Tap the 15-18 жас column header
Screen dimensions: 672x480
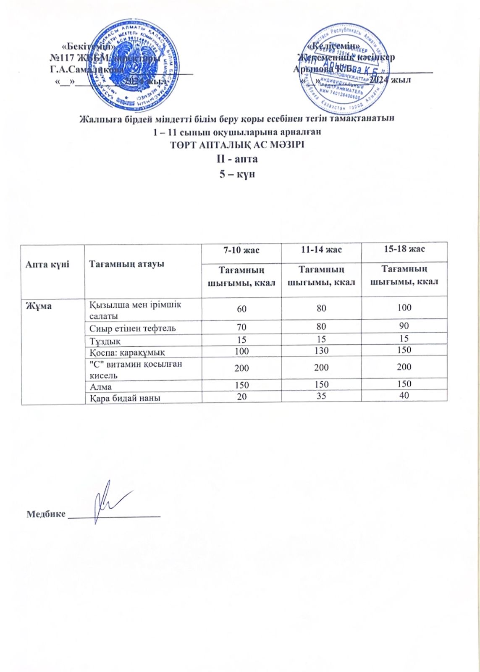point(404,249)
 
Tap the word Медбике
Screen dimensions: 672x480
point(46,514)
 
